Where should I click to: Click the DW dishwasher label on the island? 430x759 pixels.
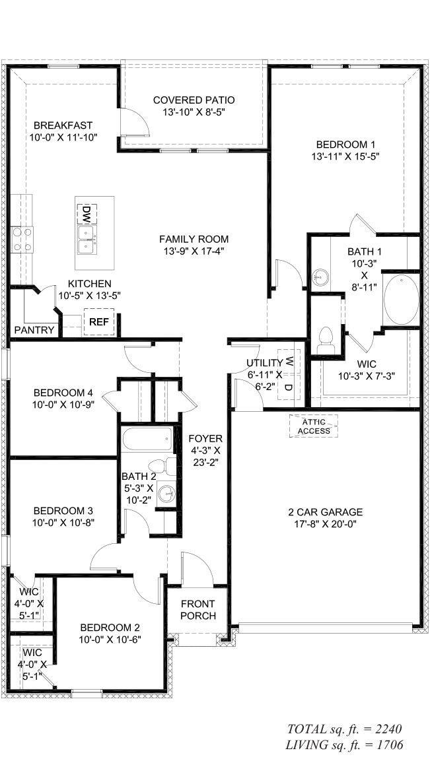87,213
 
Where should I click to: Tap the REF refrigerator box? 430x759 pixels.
99,322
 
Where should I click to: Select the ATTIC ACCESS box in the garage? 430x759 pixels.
313,426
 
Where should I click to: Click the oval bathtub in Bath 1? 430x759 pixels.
401,300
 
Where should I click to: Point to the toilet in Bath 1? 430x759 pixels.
324,340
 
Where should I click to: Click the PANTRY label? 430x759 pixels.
34,329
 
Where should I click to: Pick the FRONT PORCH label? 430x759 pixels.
198,609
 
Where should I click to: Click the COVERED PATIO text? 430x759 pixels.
194,100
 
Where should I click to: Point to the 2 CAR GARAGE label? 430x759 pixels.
326,511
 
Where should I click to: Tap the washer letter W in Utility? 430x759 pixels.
289,362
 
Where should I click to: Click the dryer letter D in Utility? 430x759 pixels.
289,385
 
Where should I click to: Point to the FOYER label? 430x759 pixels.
205,438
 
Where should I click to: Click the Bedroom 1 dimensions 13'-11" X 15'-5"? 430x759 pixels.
346,156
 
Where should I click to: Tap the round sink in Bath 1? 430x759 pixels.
321,276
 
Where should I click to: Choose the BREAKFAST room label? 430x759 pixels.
63,125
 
